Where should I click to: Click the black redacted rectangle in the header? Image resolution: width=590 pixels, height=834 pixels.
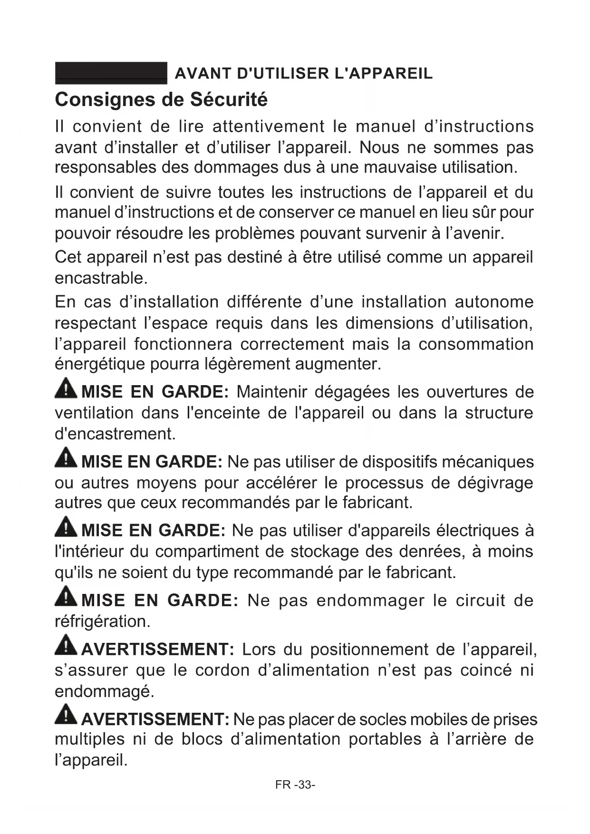point(111,73)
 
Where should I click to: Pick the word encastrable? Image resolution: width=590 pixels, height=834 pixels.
point(101,278)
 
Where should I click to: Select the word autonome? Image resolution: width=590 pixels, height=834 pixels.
point(494,302)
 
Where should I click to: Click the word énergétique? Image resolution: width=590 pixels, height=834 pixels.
point(100,364)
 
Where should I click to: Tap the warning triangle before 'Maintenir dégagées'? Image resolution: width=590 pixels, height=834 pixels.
point(66,389)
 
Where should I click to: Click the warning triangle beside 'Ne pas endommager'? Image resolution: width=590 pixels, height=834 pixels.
point(66,597)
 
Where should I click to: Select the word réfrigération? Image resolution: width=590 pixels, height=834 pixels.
point(102,621)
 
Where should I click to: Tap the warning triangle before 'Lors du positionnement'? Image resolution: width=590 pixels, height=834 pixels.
point(66,646)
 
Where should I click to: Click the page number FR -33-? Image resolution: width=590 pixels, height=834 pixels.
point(295,785)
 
